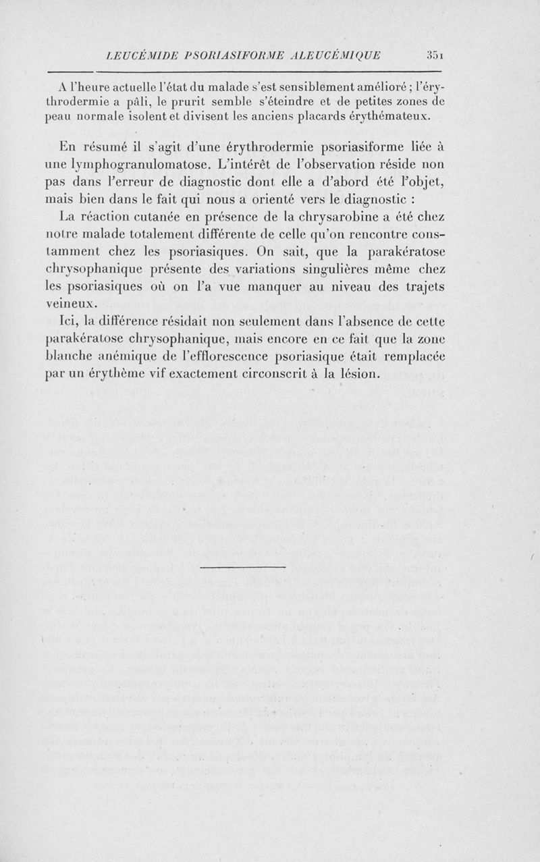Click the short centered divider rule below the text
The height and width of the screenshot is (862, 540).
click(244, 566)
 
